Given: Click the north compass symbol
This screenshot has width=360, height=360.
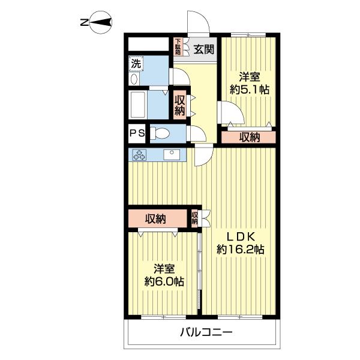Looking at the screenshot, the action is point(100,22).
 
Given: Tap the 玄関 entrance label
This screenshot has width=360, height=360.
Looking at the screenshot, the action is point(203,49).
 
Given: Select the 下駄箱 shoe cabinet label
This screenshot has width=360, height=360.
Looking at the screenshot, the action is point(178,47).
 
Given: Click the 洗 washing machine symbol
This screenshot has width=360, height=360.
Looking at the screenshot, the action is point(136,64).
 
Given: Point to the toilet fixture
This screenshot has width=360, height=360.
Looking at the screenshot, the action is point(160,133).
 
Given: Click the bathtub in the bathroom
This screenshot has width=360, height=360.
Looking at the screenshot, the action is point(138,104).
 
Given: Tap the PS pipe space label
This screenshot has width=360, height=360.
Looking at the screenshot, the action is point(137,133).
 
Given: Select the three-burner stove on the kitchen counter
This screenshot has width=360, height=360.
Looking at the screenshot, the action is point(139,155).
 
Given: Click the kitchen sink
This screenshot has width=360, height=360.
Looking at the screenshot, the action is point(172,154).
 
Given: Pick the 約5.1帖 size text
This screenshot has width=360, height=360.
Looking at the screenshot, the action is point(250,90).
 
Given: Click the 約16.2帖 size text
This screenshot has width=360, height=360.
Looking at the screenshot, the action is point(241,250).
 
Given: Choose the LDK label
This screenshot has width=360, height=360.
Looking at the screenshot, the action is point(241,236).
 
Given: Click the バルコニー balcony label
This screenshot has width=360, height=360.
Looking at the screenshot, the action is point(206,332).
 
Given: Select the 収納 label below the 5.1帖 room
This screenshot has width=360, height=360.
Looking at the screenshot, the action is point(250,137).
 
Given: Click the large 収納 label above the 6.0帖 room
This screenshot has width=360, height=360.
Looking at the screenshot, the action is point(155,219).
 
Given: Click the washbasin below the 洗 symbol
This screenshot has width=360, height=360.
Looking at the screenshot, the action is point(134,79).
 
